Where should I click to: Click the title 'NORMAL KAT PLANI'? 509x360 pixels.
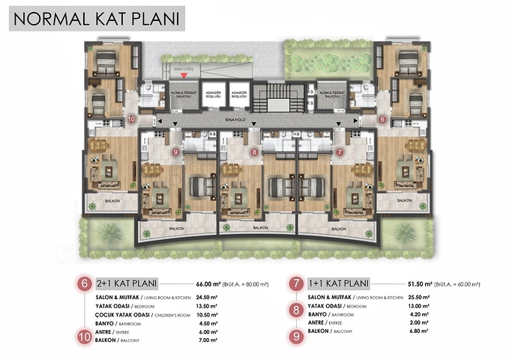point(97,18)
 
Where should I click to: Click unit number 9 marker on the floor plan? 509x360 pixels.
point(175,152)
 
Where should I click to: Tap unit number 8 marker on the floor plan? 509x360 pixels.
point(255,152)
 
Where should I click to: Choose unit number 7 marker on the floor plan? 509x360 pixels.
point(340,152)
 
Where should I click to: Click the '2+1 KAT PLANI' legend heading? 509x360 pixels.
point(130,283)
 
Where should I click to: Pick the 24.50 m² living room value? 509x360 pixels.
point(205,297)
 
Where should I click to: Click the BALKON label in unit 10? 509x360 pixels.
point(103,201)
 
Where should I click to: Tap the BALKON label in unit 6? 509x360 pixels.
point(405,201)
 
